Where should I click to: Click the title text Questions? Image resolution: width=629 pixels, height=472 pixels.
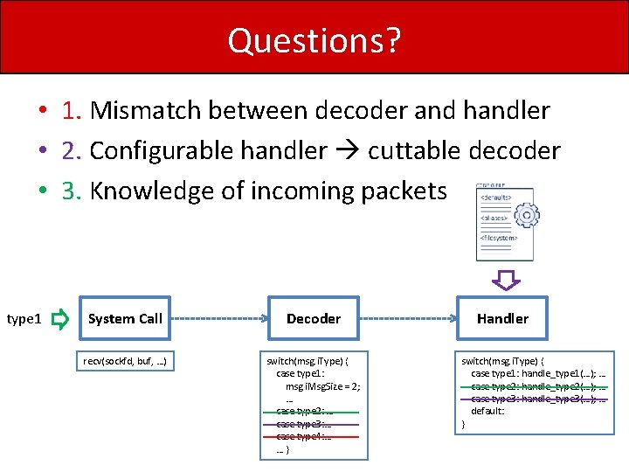click(314, 40)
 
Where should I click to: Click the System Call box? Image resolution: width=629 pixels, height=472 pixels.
click(125, 319)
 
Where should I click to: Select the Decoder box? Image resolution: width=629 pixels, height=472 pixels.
click(314, 319)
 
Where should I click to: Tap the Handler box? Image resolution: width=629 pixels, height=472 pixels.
click(502, 319)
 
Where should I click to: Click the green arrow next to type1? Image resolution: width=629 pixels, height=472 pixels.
click(59, 320)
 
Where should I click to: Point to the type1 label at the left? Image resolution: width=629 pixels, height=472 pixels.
click(24, 320)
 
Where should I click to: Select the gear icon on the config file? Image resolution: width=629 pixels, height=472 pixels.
click(526, 216)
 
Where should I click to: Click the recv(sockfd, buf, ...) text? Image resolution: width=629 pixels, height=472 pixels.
click(125, 360)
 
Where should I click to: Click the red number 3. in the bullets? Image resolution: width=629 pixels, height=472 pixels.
click(72, 191)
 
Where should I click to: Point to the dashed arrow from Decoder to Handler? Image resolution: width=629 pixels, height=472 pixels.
click(408, 319)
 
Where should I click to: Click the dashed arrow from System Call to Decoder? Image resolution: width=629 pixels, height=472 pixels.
click(219, 319)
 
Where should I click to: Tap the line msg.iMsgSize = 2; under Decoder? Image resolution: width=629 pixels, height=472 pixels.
click(322, 385)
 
